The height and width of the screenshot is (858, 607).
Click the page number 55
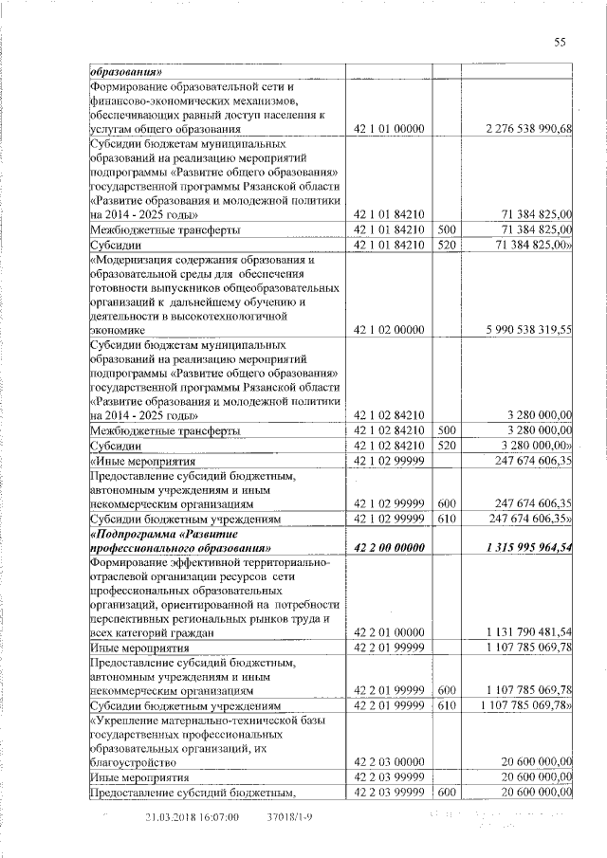(560, 42)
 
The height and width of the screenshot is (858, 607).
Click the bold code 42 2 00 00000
(389, 548)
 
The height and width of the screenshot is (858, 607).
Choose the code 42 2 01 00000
(389, 632)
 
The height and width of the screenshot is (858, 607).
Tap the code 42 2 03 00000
(389, 761)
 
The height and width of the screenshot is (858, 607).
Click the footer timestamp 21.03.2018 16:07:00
(192, 817)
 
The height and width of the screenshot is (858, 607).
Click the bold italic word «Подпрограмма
(137, 533)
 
